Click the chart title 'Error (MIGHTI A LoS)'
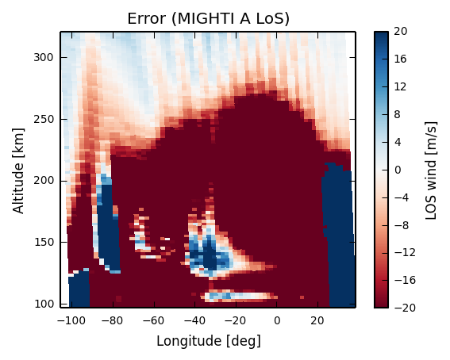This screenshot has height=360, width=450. coord(208,19)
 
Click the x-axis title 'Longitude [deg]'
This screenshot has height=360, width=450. coord(209,342)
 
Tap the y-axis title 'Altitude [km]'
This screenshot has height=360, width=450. coord(19,170)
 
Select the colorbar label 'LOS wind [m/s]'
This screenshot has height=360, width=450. coord(431,170)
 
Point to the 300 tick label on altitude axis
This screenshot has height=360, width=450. coord(44,58)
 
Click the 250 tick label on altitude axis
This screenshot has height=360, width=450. coord(44,119)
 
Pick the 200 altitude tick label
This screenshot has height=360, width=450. coord(44,181)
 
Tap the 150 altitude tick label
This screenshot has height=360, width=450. coord(44,243)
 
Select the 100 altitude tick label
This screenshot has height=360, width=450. coord(44,304)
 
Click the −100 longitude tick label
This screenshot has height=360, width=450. coord(71,320)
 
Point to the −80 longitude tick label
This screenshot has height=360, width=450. coord(113,320)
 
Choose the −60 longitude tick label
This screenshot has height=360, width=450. coord(154,320)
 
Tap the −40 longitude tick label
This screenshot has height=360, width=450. coord(195,320)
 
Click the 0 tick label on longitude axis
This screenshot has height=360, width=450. coord(277,320)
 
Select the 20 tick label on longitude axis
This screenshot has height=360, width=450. coord(317,320)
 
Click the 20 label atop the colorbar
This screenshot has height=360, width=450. coord(401,31)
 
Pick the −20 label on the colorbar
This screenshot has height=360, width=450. coord(405,308)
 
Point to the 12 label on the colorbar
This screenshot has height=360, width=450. coord(401,86)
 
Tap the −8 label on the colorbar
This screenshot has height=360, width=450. coord(402,225)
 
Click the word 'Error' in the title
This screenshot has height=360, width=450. coord(147,19)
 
